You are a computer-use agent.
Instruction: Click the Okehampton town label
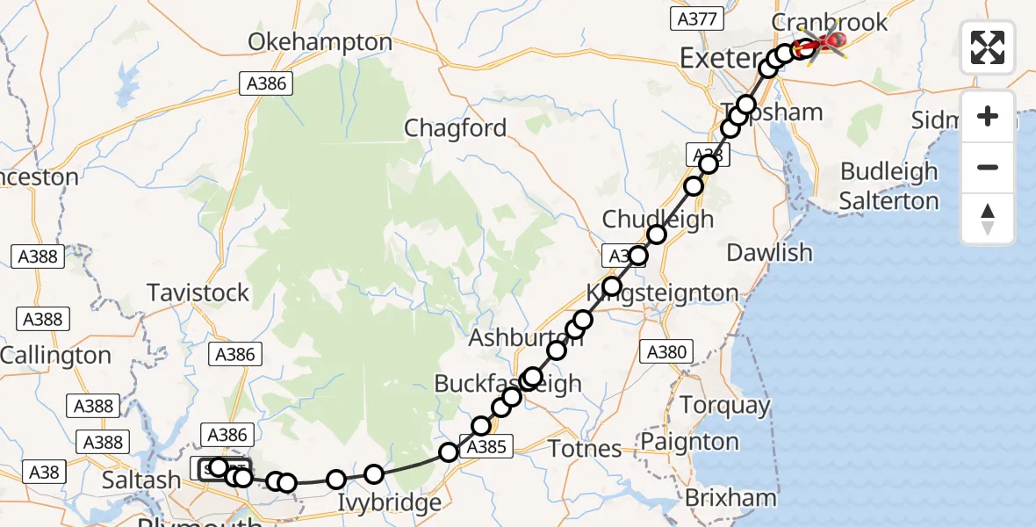coord(320,42)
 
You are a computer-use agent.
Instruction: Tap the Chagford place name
coord(455,128)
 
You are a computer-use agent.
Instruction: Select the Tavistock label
coord(198,292)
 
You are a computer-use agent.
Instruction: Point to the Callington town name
coord(56,356)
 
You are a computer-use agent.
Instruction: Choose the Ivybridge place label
coord(390,503)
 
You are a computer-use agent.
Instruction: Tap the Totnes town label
coord(585,449)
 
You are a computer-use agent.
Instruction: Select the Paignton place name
coord(690,441)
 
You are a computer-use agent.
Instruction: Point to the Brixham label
coord(730,498)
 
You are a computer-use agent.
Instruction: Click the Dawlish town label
coord(770,253)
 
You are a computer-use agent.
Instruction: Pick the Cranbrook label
coord(830,22)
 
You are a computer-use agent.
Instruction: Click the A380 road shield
coord(666,353)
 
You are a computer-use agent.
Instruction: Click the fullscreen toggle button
coord(988,47)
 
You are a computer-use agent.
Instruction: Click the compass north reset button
coord(988,219)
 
